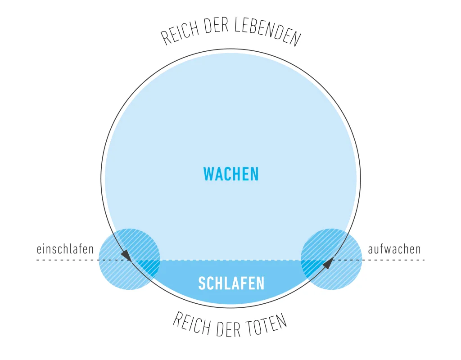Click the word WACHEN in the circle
point(231,174)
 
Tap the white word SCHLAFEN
point(231,283)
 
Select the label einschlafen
point(65,249)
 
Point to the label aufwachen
point(394,249)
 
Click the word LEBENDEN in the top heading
point(267,32)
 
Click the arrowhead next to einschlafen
point(127,255)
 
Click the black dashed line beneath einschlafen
point(68,260)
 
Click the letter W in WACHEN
point(209,174)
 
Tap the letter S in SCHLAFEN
point(202,283)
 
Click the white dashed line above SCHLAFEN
point(230,260)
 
